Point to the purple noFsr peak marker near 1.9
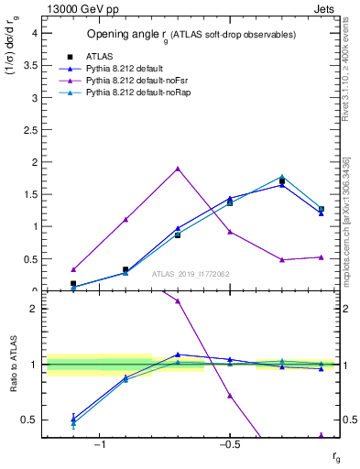[178, 169]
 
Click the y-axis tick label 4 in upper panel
[33, 32]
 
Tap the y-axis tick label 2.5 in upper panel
[29, 129]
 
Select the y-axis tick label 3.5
[29, 65]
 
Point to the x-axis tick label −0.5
[227, 445]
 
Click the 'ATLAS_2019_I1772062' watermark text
[191, 273]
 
